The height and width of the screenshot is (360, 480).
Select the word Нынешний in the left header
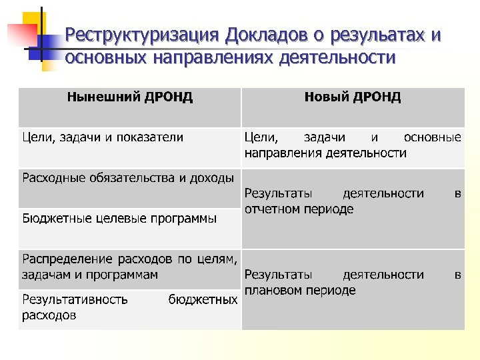98,97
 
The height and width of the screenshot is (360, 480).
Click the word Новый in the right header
324,97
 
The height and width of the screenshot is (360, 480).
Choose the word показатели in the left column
150,137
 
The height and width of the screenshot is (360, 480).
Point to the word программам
125,274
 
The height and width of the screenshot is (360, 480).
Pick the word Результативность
75,299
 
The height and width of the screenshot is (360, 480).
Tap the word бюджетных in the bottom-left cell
203,299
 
